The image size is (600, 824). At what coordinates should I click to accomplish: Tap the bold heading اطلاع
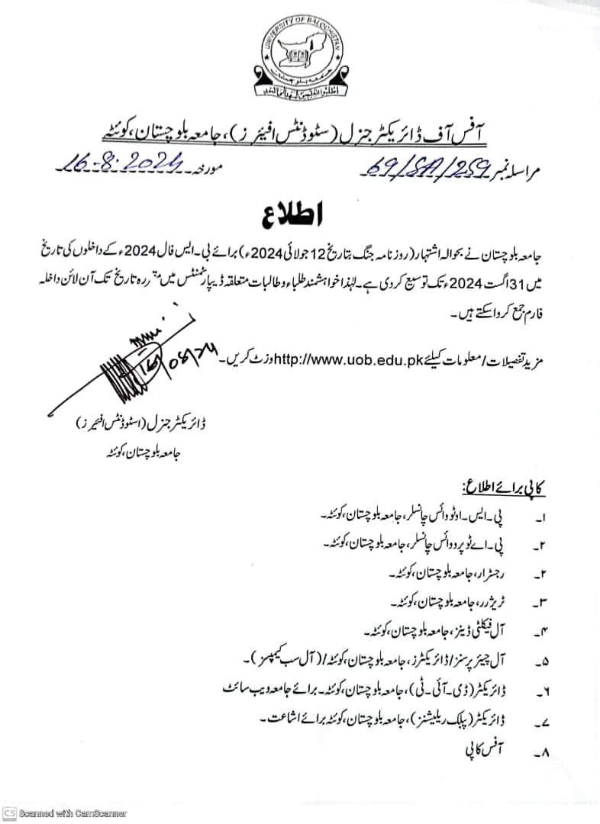pos(299,213)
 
